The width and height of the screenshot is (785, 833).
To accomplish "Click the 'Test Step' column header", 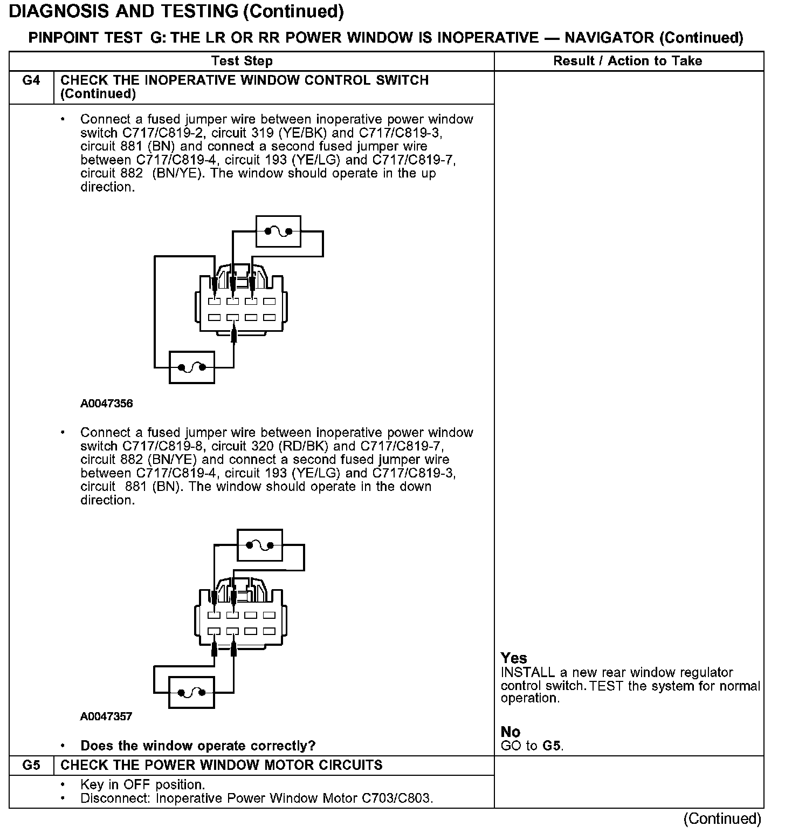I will pyautogui.click(x=242, y=61).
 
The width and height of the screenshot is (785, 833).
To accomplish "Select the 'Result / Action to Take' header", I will pyautogui.click(x=628, y=61).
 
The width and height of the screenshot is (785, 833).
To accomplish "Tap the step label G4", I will pyautogui.click(x=31, y=81).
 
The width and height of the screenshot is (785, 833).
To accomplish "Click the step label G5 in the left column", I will pyautogui.click(x=31, y=765).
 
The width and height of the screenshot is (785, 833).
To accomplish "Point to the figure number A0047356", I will pyautogui.click(x=107, y=404).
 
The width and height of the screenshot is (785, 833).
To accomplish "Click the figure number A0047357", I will pyautogui.click(x=107, y=716).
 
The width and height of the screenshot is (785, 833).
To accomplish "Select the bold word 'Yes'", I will pyautogui.click(x=514, y=658).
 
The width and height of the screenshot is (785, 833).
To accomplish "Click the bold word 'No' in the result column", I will pyautogui.click(x=510, y=732).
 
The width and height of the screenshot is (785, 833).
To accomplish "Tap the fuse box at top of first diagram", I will pyautogui.click(x=278, y=231).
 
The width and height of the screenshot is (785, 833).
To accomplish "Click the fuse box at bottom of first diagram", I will pyautogui.click(x=192, y=367).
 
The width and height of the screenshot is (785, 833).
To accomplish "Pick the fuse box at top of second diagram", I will pyautogui.click(x=260, y=545).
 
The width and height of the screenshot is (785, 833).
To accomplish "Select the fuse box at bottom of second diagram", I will pyautogui.click(x=191, y=692).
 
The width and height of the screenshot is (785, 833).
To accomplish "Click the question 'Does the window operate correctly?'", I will pyautogui.click(x=198, y=746).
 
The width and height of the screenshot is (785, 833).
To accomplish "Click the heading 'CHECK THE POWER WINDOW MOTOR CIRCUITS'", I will pyautogui.click(x=222, y=765).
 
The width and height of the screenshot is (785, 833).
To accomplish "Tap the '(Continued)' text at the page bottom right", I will pyautogui.click(x=722, y=819).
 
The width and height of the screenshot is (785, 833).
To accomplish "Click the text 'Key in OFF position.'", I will pyautogui.click(x=142, y=784).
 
